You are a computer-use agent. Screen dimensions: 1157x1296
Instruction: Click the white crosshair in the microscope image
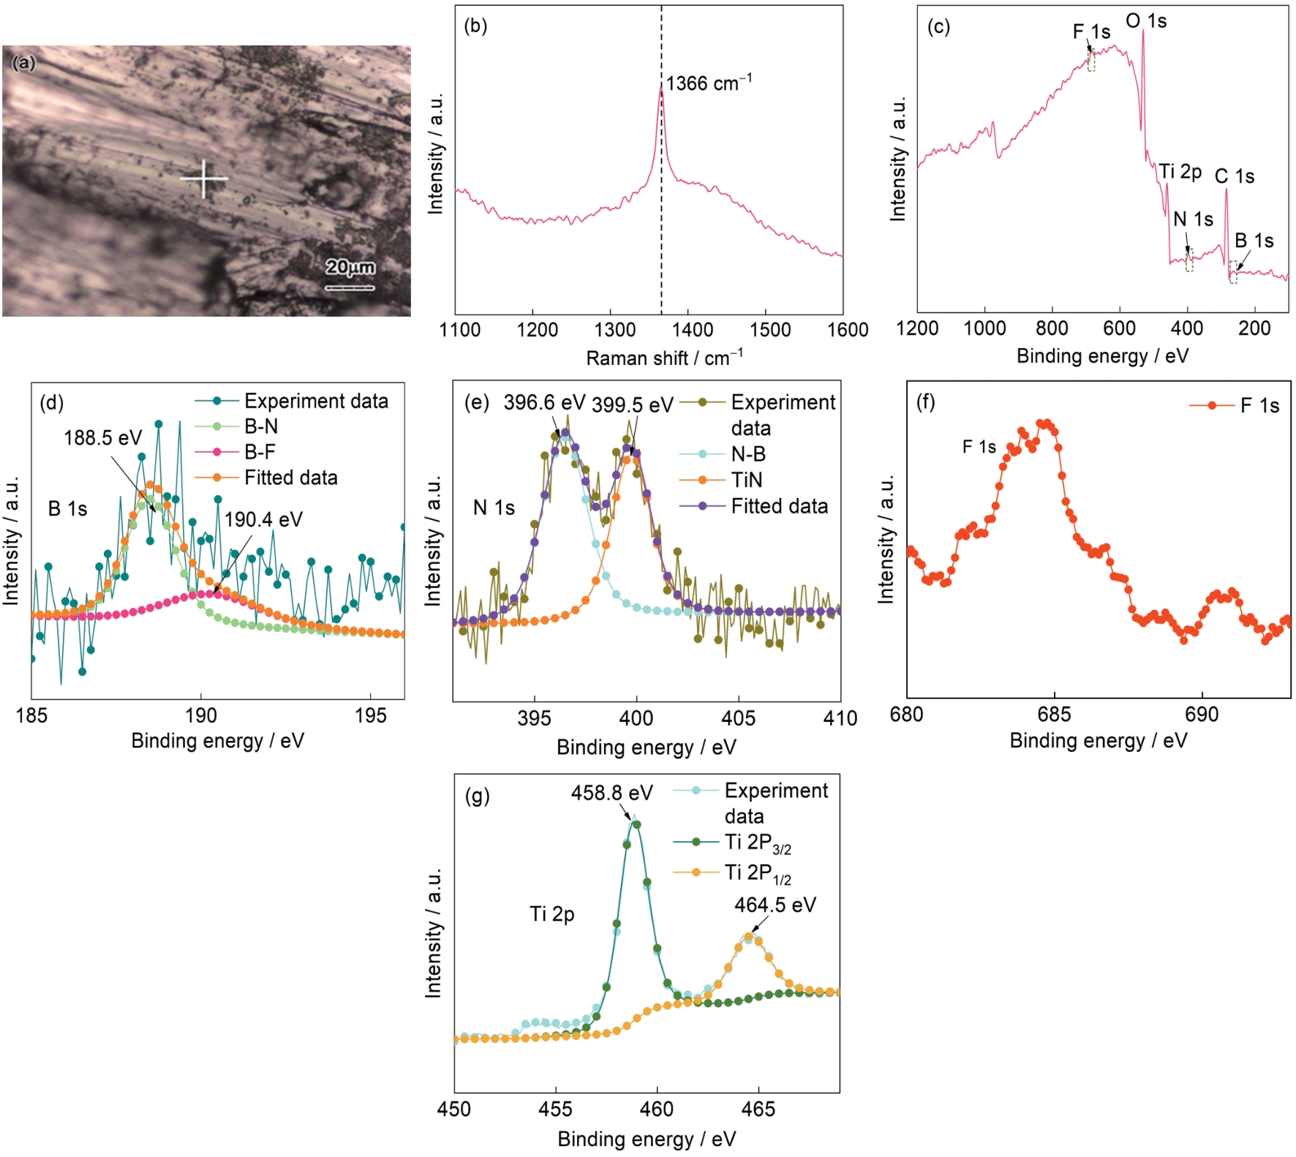(204, 178)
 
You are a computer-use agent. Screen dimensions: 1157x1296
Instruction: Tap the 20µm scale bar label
(350, 267)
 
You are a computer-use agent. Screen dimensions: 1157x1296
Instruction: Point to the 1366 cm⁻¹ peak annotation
(708, 83)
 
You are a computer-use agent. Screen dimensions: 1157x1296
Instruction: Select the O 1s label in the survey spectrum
(1146, 21)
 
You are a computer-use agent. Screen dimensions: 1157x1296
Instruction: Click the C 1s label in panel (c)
(1235, 176)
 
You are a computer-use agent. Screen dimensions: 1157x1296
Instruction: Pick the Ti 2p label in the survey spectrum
(1180, 172)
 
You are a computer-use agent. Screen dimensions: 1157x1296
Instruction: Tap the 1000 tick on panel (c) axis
(984, 328)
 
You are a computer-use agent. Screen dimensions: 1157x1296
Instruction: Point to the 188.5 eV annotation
(102, 438)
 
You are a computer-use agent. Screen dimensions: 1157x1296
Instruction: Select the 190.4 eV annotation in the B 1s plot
(263, 520)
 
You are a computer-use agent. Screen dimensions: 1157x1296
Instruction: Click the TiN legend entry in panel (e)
(747, 480)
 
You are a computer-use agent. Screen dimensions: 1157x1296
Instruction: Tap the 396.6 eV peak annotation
(544, 403)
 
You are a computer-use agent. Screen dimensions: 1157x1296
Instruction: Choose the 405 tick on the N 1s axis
(738, 718)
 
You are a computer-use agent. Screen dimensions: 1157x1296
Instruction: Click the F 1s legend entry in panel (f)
(1259, 406)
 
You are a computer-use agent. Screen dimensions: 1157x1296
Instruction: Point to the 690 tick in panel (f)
(1202, 715)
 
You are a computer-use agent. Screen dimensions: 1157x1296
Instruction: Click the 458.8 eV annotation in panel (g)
(611, 793)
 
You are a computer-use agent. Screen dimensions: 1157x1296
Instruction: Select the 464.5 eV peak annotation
(775, 905)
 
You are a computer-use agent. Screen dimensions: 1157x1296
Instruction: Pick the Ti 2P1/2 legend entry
(758, 873)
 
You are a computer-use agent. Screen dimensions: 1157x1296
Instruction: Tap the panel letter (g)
(478, 796)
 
